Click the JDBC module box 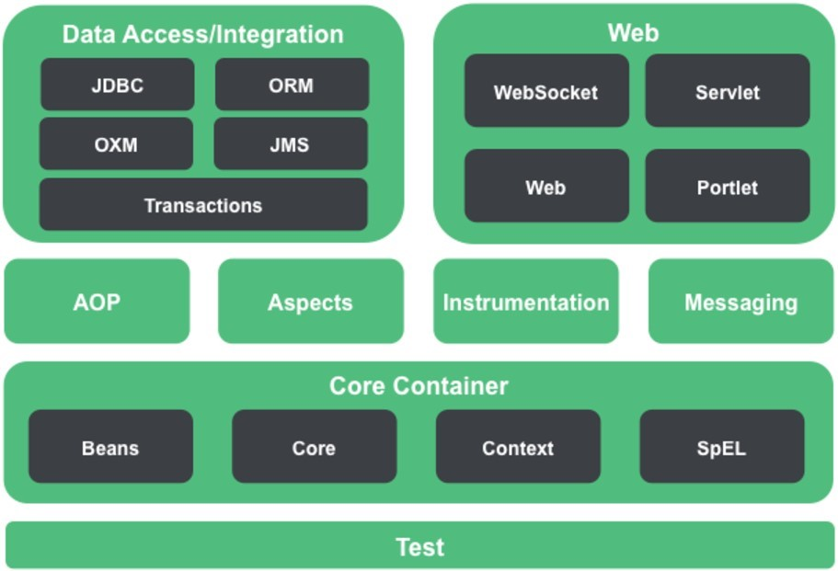click(x=117, y=86)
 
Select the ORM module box click(x=292, y=86)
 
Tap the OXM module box click(x=116, y=144)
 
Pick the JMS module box click(x=291, y=144)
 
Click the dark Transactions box click(x=203, y=205)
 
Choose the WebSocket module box click(x=546, y=92)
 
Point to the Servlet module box click(x=728, y=92)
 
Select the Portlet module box click(x=728, y=187)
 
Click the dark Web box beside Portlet click(x=546, y=187)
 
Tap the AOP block click(x=97, y=302)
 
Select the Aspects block click(x=310, y=302)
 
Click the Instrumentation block click(x=526, y=302)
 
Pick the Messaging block click(x=741, y=302)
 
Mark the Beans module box click(x=110, y=448)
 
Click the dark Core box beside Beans click(x=314, y=448)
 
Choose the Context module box click(x=518, y=448)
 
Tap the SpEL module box click(x=722, y=448)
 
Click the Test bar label click(x=419, y=547)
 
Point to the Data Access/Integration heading click(x=202, y=35)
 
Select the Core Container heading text click(x=419, y=385)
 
